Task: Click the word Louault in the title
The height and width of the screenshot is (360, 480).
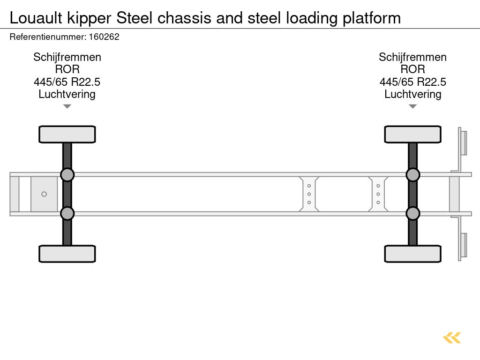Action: click(34, 18)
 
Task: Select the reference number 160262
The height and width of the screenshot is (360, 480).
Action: click(104, 37)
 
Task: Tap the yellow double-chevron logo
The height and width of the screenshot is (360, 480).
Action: click(452, 337)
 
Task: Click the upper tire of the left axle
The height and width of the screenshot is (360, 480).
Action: click(67, 135)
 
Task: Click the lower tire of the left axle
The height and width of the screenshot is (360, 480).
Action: click(67, 254)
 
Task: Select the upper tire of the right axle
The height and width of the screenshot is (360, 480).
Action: click(412, 135)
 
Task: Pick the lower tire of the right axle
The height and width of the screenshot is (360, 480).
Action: click(412, 254)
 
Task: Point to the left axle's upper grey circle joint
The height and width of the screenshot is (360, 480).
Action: click(67, 175)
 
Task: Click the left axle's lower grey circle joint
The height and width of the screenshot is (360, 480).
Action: click(67, 213)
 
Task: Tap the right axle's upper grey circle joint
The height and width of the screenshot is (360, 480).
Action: click(412, 175)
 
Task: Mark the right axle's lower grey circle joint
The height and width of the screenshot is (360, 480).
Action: click(412, 213)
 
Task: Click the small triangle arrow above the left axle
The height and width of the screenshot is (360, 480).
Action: click(67, 106)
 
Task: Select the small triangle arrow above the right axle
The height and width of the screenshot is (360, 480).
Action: click(412, 106)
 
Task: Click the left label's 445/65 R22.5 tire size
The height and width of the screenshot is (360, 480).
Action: click(67, 82)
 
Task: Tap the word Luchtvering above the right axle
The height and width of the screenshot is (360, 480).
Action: click(412, 94)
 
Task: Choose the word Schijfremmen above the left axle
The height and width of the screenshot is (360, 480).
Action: click(67, 57)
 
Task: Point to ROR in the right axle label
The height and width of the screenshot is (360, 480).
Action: click(412, 69)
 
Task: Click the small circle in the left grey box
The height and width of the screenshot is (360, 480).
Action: click(44, 194)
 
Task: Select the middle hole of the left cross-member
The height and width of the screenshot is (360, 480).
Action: click(309, 194)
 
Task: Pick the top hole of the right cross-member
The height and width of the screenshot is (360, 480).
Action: click(378, 186)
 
